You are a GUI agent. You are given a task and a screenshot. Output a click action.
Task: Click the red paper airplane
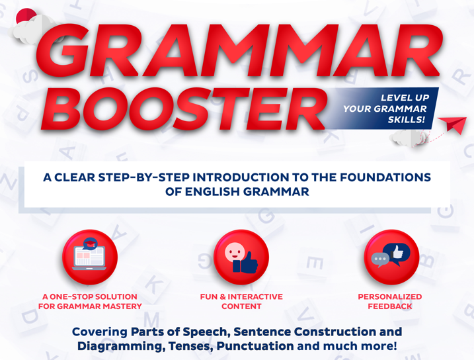[x=453, y=124]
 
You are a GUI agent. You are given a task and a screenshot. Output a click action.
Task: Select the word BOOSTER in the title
[x=184, y=109]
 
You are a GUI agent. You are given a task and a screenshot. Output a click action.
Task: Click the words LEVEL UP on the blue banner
[x=405, y=98]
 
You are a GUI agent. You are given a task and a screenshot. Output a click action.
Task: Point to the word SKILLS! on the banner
[x=407, y=120]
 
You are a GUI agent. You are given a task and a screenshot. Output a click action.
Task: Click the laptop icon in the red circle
[x=89, y=258]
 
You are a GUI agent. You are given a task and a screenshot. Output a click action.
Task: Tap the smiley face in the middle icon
[x=235, y=251]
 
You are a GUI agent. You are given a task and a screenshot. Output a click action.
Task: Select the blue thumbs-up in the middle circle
[x=245, y=263]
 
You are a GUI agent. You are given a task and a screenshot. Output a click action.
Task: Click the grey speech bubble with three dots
[x=380, y=259]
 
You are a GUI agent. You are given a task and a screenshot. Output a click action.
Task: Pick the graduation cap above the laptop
[x=90, y=244]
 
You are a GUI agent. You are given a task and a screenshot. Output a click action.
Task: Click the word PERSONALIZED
[x=390, y=296]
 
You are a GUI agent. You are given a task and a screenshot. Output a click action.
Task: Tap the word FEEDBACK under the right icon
[x=390, y=306]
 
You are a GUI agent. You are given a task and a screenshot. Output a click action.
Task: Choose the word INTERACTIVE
[x=255, y=296]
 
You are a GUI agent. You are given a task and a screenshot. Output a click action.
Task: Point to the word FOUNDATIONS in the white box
[x=385, y=177]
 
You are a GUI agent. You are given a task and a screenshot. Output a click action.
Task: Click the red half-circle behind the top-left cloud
[x=26, y=15]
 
